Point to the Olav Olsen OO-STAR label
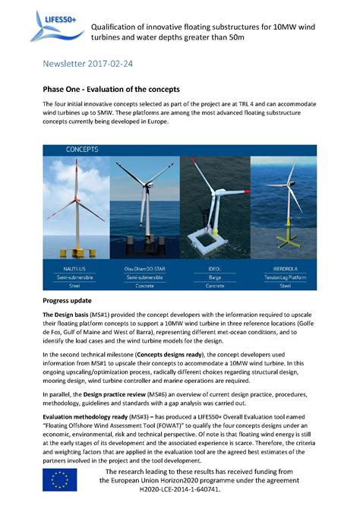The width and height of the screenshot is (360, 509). tap(144, 268)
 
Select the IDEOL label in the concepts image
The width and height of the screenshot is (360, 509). tap(213, 268)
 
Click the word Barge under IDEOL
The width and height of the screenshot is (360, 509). tap(213, 277)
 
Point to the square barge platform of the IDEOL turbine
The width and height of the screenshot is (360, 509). tap(215, 239)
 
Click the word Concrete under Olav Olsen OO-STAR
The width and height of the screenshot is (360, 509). tap(144, 286)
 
